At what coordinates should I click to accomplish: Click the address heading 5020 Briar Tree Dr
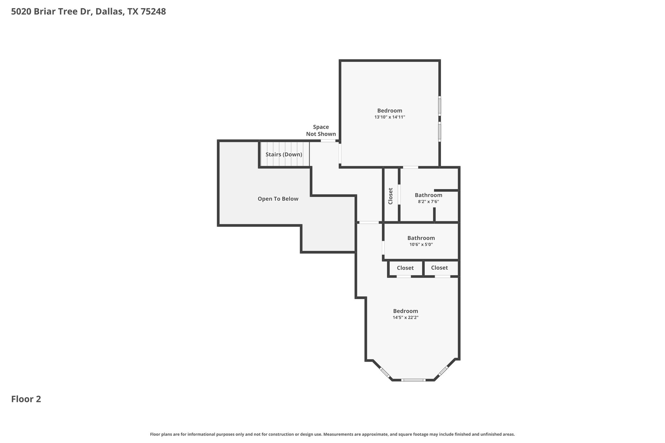(x=88, y=12)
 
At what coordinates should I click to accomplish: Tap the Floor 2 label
(x=26, y=399)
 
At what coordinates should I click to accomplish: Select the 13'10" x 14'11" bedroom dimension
(x=390, y=117)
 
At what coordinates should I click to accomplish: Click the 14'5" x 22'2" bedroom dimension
(x=405, y=318)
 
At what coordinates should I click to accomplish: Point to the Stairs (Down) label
(x=284, y=154)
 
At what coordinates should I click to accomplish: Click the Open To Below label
(x=278, y=199)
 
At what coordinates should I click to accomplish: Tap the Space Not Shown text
(x=321, y=130)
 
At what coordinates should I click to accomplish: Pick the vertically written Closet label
(x=391, y=196)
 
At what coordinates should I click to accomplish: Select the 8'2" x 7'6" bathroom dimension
(x=428, y=202)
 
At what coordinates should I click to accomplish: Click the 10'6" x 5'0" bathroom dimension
(x=421, y=244)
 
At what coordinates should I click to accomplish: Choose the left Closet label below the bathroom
(x=405, y=268)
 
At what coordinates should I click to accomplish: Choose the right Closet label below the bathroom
(x=439, y=268)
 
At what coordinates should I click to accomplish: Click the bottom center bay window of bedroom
(x=413, y=380)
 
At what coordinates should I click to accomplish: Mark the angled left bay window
(x=385, y=373)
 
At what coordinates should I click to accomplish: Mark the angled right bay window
(x=443, y=371)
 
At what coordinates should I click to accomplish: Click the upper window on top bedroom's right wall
(x=440, y=105)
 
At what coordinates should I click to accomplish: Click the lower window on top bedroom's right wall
(x=440, y=131)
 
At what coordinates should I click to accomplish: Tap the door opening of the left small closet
(x=404, y=277)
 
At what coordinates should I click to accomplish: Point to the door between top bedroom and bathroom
(x=410, y=167)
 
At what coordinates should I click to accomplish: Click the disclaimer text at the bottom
(x=332, y=434)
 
